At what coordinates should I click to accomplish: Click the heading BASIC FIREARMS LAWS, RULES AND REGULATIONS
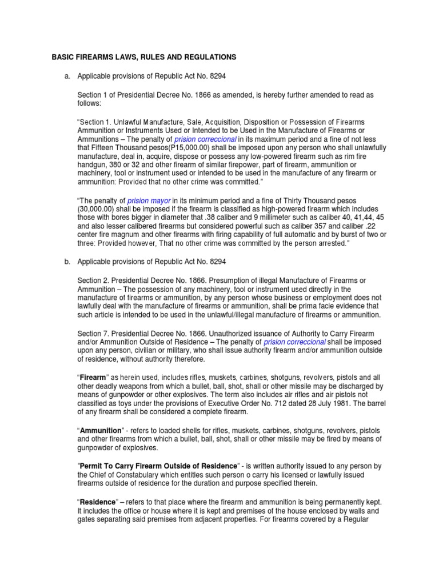(143, 58)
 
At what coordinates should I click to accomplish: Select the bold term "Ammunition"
(101, 430)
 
